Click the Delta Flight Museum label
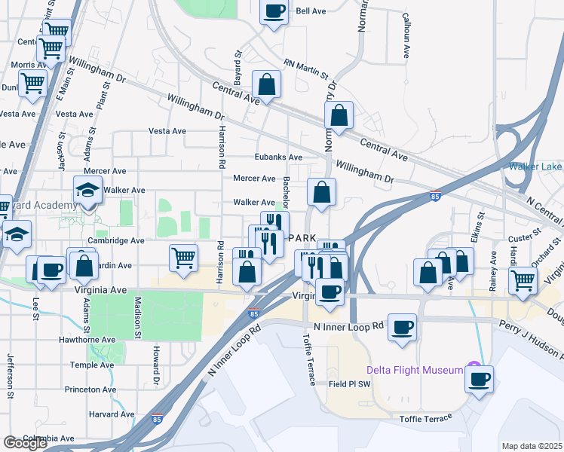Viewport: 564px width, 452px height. pyautogui.click(x=415, y=370)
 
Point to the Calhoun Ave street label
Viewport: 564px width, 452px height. pyautogui.click(x=406, y=35)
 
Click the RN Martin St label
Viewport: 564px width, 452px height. pyautogui.click(x=306, y=70)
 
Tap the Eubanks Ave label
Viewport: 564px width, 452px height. pyautogui.click(x=278, y=157)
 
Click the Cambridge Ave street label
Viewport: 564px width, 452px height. pyautogui.click(x=115, y=241)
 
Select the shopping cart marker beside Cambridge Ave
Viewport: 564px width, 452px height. pyautogui.click(x=184, y=258)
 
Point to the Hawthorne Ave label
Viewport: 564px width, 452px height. pyautogui.click(x=87, y=340)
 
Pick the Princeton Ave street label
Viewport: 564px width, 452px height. pyautogui.click(x=91, y=389)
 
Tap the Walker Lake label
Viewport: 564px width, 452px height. pyautogui.click(x=535, y=166)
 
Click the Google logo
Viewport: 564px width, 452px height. pyautogui.click(x=25, y=443)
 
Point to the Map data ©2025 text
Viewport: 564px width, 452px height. pyautogui.click(x=532, y=446)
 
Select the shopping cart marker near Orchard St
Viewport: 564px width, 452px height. pyautogui.click(x=523, y=280)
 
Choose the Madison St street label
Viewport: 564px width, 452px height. pyautogui.click(x=138, y=311)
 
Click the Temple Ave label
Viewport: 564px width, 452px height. pyautogui.click(x=91, y=365)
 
